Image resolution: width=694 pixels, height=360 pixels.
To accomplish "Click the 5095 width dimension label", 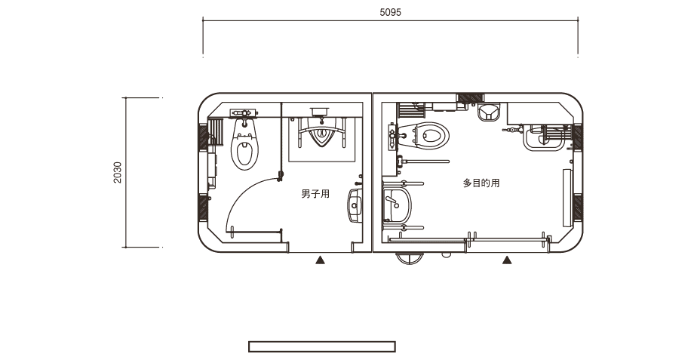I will coord(391,12).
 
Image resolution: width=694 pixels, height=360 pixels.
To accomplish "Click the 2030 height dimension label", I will coord(117,173).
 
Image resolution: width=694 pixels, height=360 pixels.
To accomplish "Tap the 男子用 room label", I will coord(315,194).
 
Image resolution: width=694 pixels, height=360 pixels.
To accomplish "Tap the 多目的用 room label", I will coord(481,183).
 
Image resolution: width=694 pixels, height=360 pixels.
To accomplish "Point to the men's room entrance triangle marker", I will coord(320,260).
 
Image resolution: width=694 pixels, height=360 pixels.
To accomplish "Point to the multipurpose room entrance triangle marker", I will coord(507,260).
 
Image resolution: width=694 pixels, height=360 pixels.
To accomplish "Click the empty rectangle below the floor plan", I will coord(322,346).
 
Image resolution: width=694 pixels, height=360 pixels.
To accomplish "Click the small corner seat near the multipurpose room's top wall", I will coord(489,112).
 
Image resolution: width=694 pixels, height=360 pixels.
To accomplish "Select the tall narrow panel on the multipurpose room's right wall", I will coord(567,198).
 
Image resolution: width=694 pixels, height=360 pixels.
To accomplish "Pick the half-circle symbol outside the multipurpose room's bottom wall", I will coord(410,257).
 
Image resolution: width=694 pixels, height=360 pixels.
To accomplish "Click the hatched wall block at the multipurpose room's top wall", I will coord(471,99).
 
